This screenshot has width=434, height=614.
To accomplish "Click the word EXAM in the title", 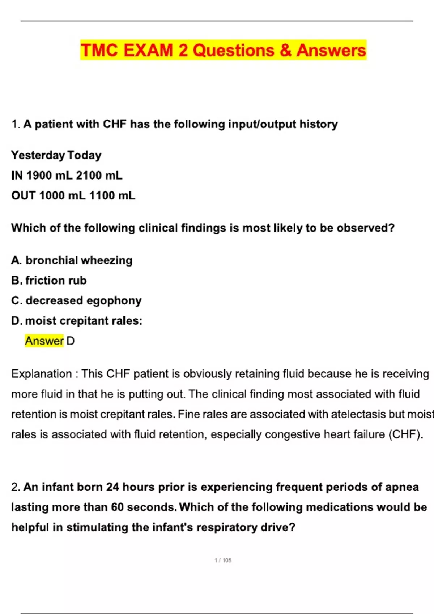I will (x=148, y=50).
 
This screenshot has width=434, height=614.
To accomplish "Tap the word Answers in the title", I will (x=331, y=50).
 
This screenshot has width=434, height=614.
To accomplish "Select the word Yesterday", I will (x=38, y=155).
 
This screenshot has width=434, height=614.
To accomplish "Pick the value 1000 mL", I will (x=62, y=196).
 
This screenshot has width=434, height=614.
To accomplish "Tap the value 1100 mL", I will (x=112, y=196).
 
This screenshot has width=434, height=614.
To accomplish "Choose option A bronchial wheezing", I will (x=72, y=260).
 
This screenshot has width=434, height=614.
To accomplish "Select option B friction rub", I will (x=49, y=281).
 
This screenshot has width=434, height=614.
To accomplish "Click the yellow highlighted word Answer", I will (x=44, y=341).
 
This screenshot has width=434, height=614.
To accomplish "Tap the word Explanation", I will (x=42, y=374).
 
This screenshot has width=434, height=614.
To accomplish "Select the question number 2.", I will (x=16, y=487).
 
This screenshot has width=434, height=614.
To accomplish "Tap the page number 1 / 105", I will (x=223, y=560).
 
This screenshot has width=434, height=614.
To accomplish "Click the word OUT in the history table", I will (x=23, y=196).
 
